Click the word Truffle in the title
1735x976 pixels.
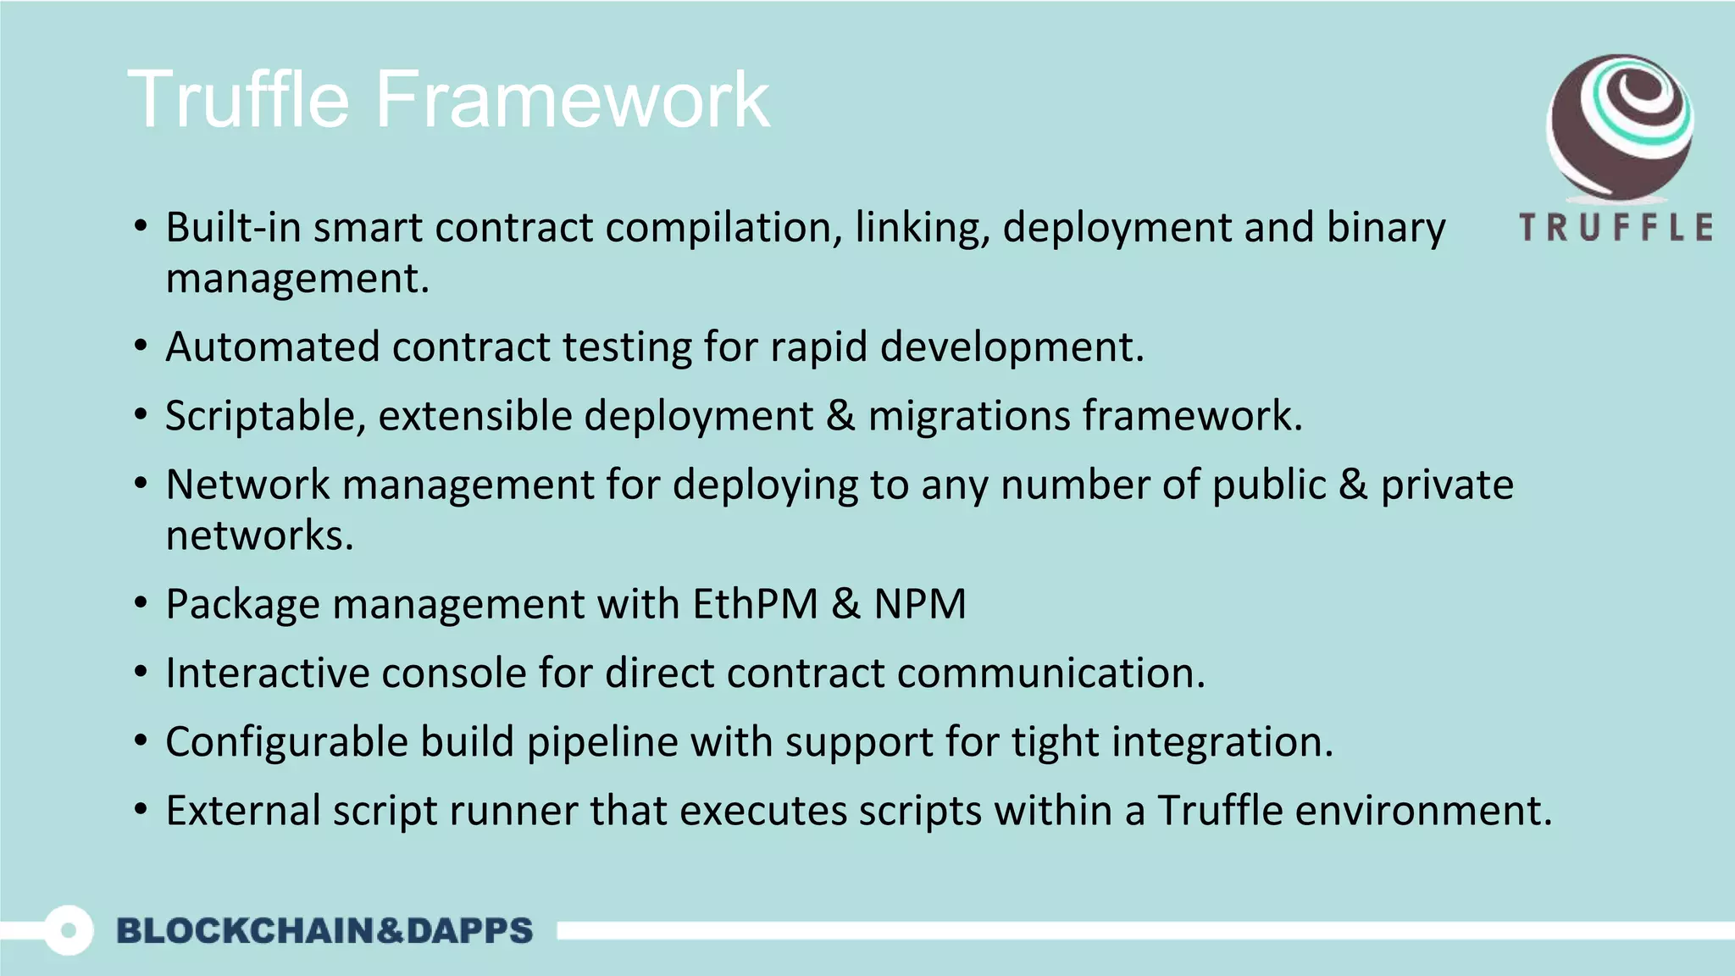coord(238,100)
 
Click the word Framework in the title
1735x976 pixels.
coord(572,100)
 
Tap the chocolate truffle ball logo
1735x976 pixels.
coord(1619,127)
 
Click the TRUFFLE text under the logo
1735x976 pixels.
coord(1616,228)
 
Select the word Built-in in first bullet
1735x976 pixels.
coord(233,228)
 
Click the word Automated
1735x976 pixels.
coord(272,347)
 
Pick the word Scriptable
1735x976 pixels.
coord(265,417)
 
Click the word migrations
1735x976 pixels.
coord(969,417)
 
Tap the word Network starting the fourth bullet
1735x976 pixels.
coord(247,485)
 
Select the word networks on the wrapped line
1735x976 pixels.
coord(258,536)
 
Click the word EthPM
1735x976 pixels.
coord(755,605)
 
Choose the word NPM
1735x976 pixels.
coord(919,605)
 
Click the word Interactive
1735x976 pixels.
coord(268,674)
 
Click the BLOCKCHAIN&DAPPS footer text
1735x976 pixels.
coord(324,930)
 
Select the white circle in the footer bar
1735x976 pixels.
coord(68,930)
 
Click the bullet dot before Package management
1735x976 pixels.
coord(141,604)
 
